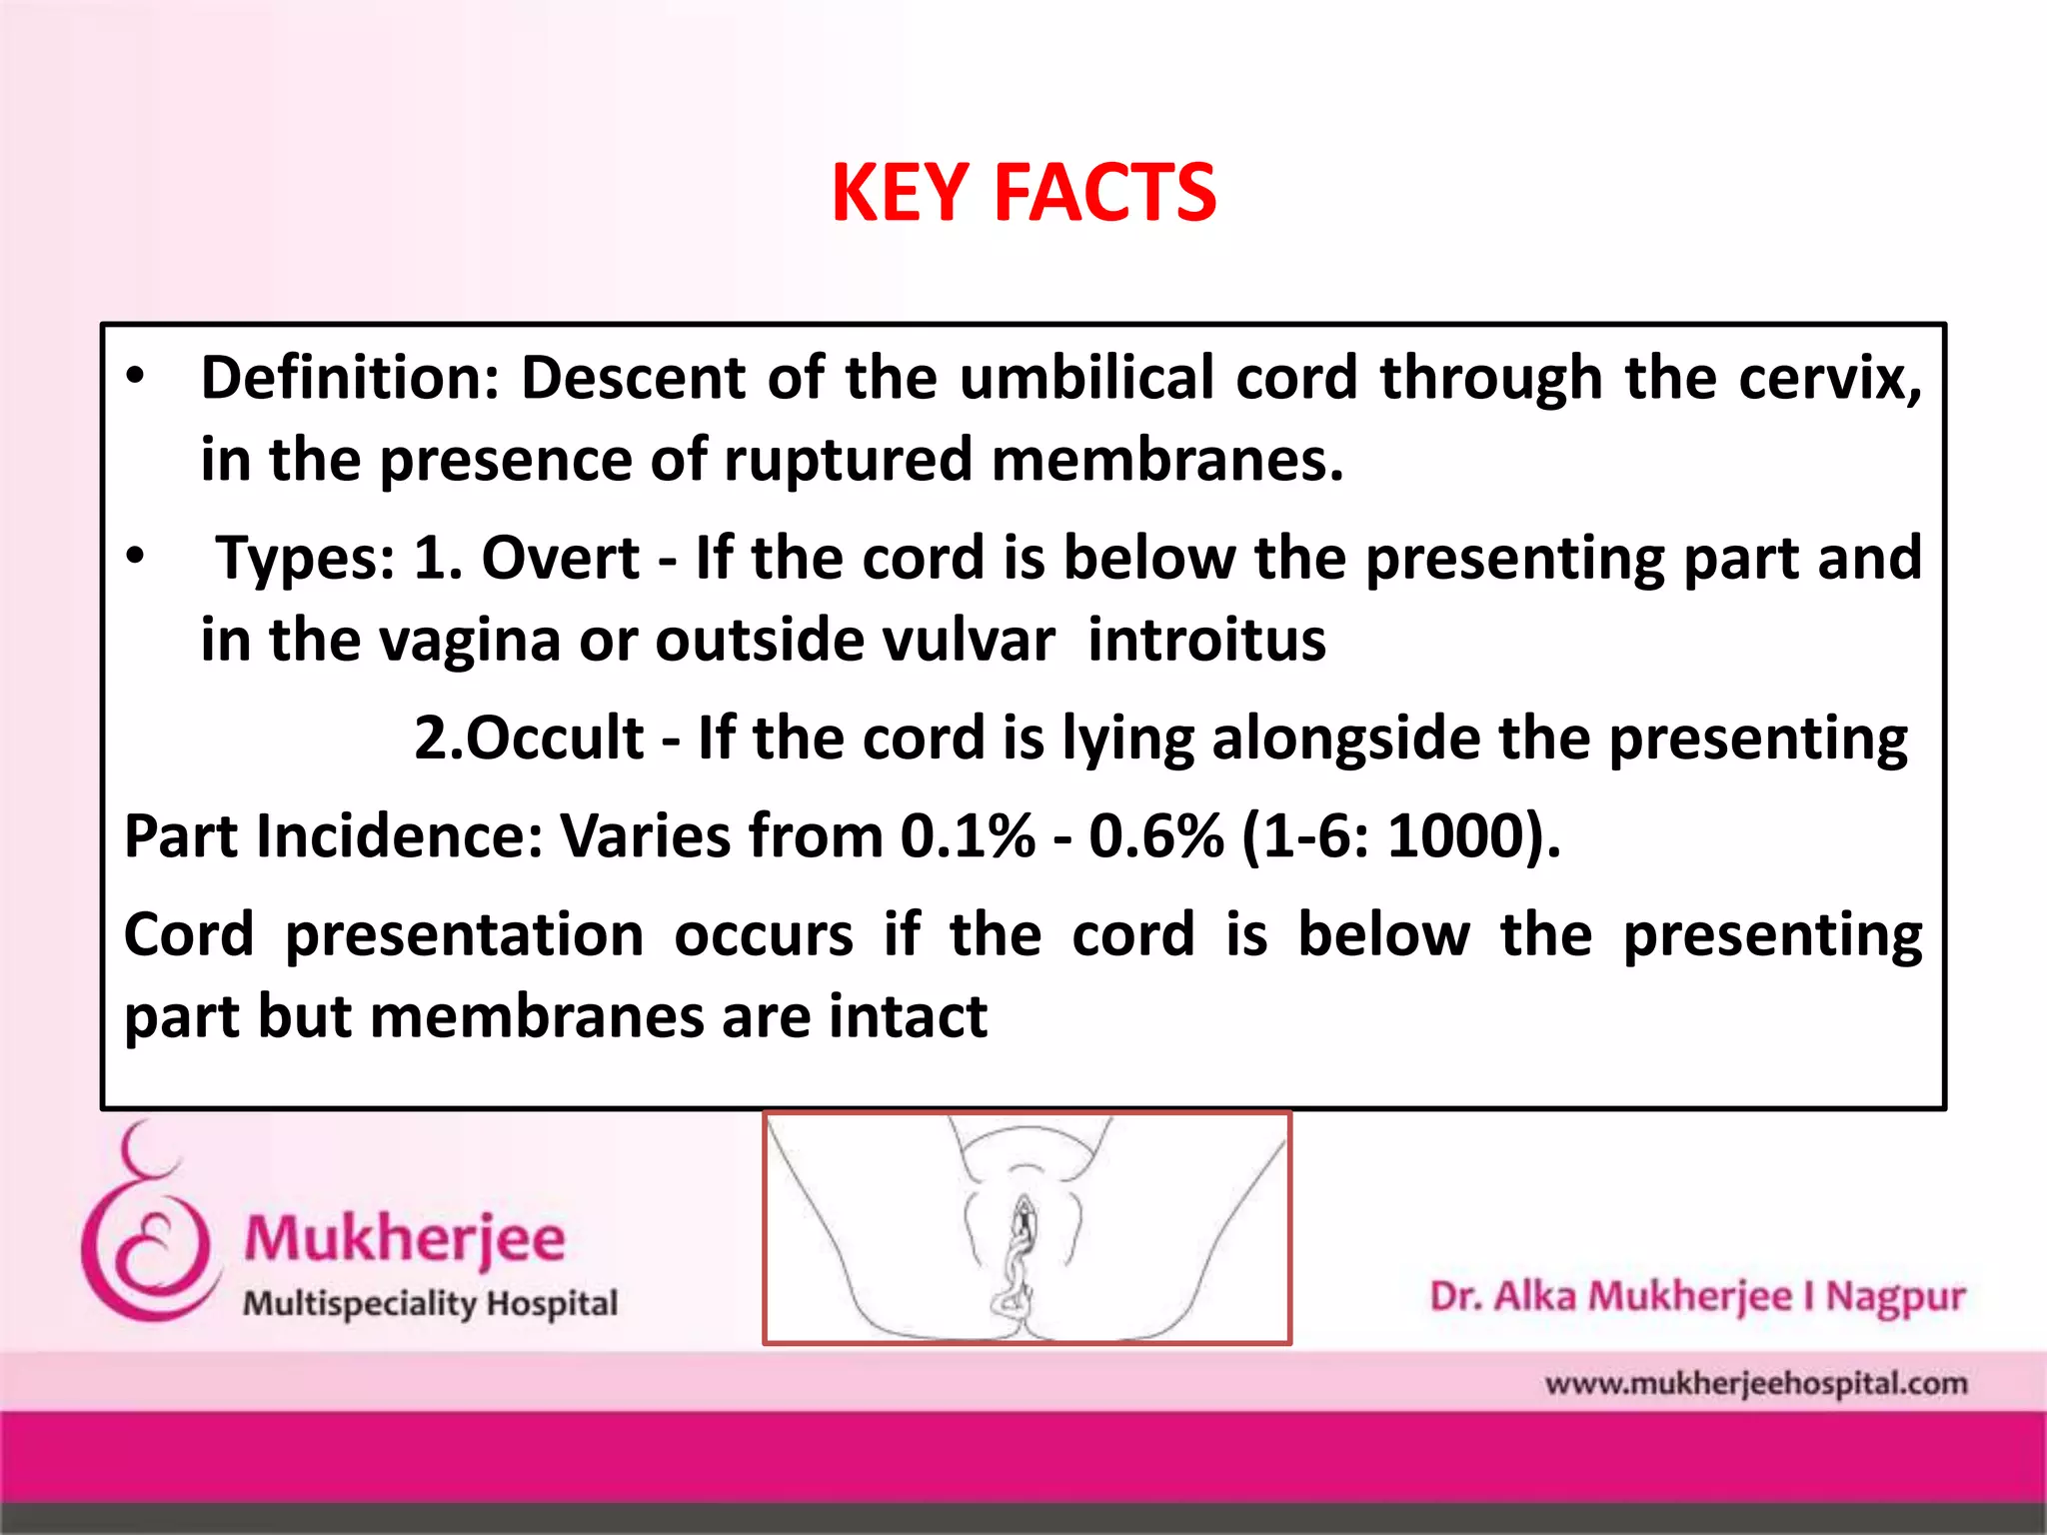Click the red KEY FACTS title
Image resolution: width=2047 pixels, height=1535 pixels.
[x=1023, y=193]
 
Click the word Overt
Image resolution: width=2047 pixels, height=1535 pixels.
[x=560, y=559]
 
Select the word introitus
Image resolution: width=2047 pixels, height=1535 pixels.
[x=1206, y=641]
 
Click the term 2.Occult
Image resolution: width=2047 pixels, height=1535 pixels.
[x=529, y=740]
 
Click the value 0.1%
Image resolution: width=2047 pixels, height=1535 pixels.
[x=967, y=836]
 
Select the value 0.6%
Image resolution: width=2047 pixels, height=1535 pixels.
[x=1155, y=836]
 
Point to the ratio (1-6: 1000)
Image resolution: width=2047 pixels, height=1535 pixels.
[x=1400, y=836]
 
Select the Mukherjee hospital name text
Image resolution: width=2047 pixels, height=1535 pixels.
[x=405, y=1239]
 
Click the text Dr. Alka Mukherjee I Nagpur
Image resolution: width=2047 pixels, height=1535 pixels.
[x=1697, y=1296]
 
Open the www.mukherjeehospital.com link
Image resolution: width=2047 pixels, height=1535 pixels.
[x=1755, y=1384]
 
